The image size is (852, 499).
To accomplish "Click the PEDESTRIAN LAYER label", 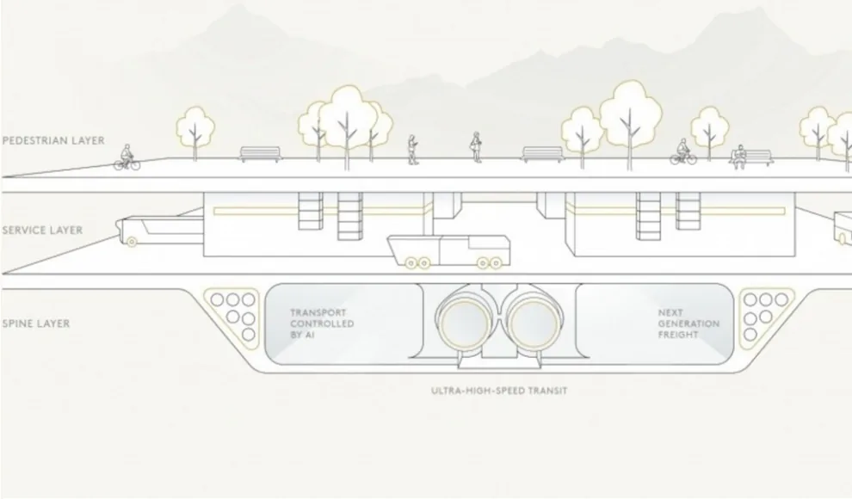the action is [53, 140].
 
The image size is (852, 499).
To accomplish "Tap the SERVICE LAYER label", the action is [42, 231].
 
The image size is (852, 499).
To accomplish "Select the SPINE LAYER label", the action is [36, 323].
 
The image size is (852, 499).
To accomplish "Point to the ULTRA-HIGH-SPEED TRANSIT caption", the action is [499, 391].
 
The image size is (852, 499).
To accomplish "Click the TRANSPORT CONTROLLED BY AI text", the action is [322, 323].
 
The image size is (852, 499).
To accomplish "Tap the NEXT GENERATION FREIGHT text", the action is [688, 323].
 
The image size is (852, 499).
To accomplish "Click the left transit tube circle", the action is [465, 324].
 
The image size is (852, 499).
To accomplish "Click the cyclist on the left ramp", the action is [127, 157].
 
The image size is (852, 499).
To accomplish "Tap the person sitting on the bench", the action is [738, 157].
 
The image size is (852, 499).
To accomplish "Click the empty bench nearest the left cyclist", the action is [261, 154].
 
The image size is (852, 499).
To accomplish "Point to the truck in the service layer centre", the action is [449, 251].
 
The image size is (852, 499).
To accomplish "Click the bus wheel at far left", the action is [132, 242].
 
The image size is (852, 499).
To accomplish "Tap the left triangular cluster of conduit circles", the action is [232, 314].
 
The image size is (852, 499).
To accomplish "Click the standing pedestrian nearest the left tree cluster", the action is [412, 150].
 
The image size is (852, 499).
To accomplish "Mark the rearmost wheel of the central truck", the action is [411, 263].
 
